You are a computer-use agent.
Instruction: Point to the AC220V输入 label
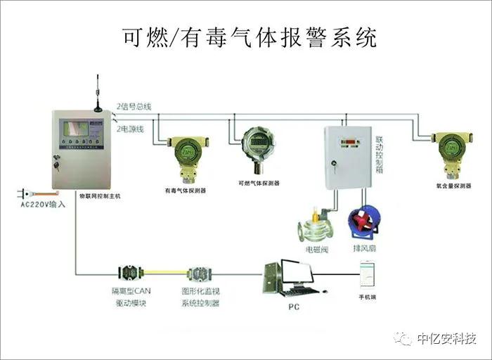point(42,204)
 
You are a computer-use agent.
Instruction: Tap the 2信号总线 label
point(134,106)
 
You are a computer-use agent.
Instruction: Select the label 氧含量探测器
point(452,187)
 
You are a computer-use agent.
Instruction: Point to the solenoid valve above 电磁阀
point(314,224)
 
